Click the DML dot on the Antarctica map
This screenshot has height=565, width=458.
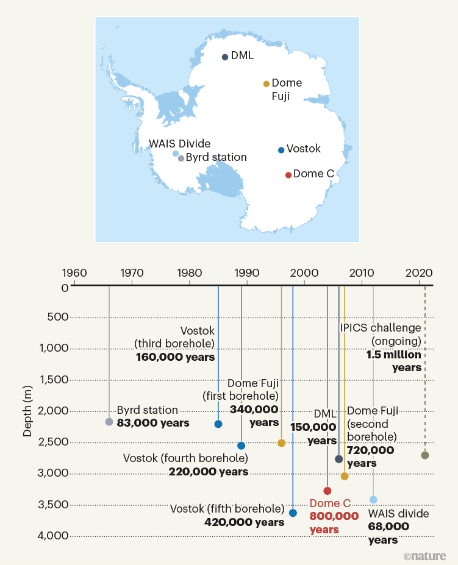click(225, 57)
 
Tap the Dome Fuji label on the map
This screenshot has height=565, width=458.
click(286, 90)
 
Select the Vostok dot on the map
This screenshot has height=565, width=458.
click(281, 150)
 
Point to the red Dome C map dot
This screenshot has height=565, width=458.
click(288, 175)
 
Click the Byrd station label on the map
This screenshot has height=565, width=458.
click(216, 157)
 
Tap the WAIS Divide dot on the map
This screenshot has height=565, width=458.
click(176, 154)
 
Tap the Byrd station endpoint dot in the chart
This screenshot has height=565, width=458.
click(109, 422)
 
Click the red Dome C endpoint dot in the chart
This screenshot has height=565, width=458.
click(327, 491)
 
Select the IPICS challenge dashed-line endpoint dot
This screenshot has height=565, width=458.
click(425, 455)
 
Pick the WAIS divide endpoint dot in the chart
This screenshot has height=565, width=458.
click(373, 500)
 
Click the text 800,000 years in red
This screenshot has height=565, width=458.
click(334, 522)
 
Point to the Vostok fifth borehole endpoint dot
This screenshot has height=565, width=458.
click(293, 513)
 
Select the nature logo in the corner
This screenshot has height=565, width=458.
click(424, 555)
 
